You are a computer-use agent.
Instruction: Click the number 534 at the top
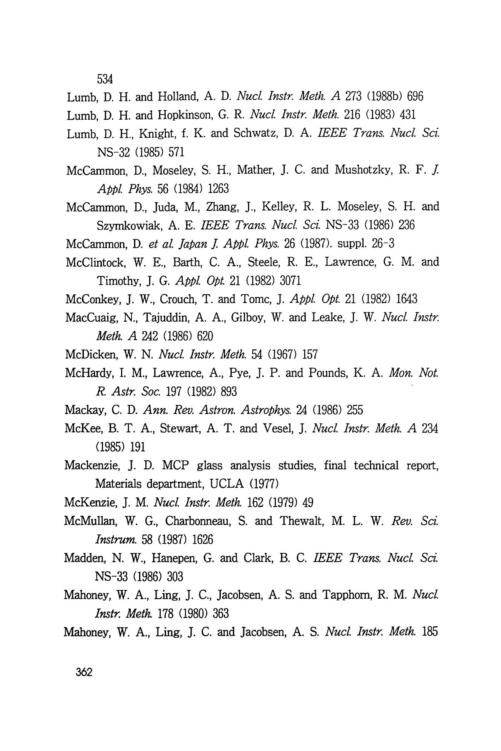pyautogui.click(x=105, y=78)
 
